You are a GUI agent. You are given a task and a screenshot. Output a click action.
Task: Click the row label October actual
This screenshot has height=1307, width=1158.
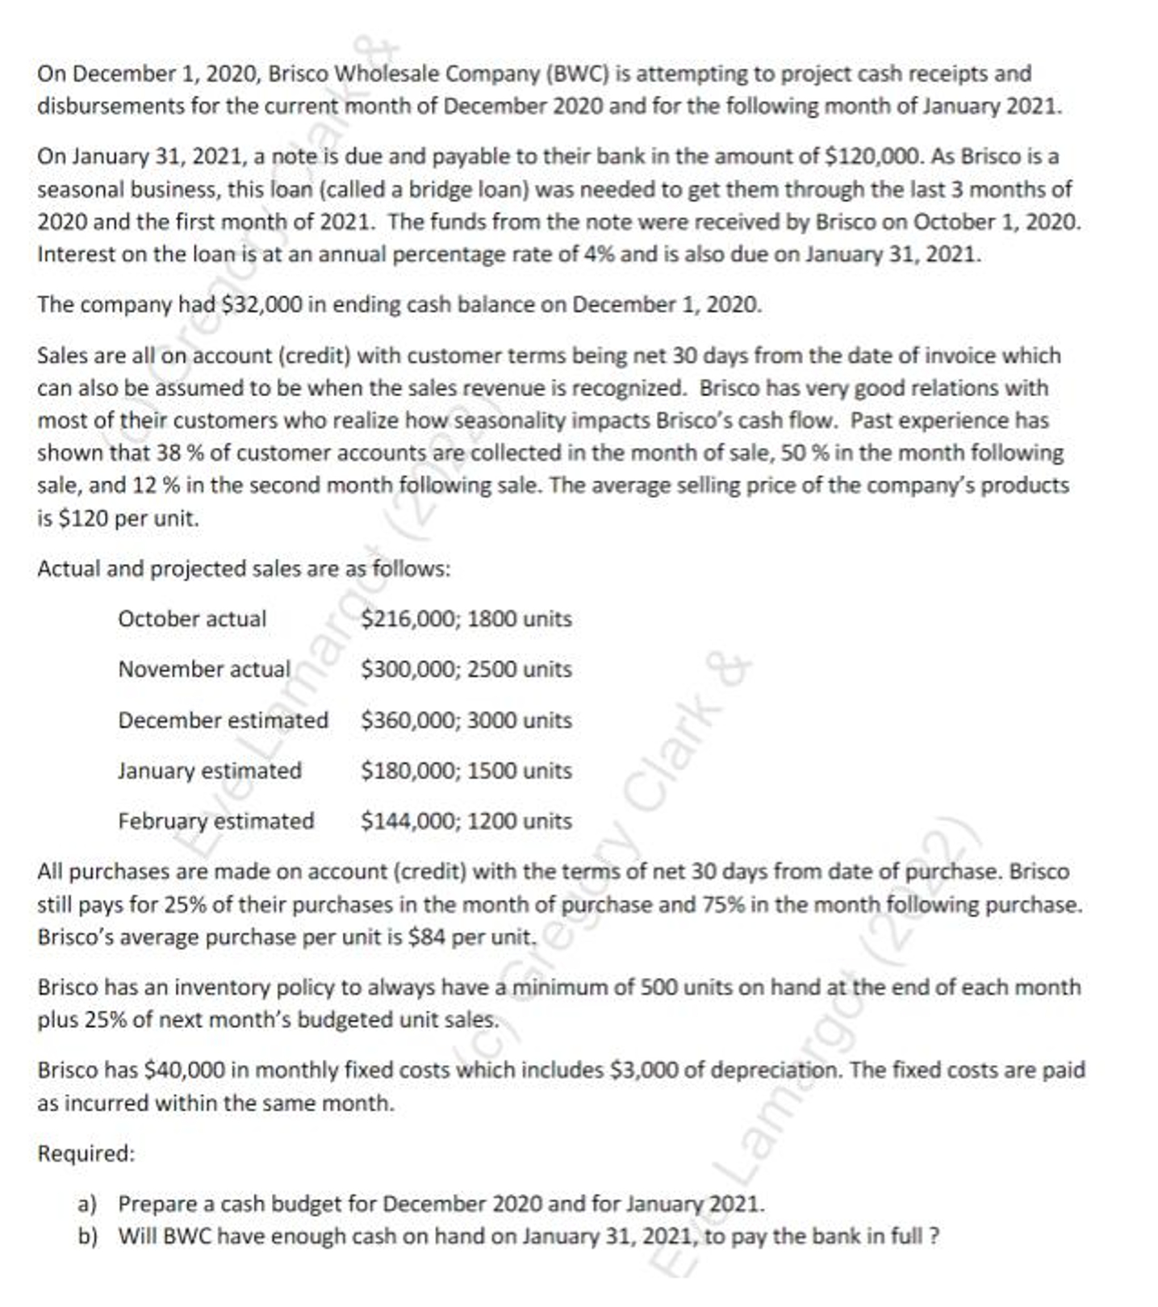(191, 619)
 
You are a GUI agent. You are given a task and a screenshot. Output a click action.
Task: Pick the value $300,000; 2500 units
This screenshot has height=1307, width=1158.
(466, 670)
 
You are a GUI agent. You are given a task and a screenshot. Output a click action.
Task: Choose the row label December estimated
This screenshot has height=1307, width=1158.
(223, 720)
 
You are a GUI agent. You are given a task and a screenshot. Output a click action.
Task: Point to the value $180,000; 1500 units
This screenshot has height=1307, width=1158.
(466, 770)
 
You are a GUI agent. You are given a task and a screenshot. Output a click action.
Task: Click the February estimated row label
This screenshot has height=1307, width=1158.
(215, 821)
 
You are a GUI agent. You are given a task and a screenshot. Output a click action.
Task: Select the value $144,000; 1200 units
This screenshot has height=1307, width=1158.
(466, 821)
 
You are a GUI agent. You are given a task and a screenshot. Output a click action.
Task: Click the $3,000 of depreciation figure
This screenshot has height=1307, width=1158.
(642, 1071)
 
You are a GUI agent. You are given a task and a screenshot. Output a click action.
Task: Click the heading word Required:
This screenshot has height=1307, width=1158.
(86, 1154)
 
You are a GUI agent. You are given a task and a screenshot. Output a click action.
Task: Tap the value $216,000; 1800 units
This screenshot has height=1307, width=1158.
(466, 619)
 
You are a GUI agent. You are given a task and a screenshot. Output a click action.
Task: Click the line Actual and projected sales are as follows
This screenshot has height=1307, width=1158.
(243, 569)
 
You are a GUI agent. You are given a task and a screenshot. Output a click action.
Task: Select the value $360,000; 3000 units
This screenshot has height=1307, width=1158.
(466, 720)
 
